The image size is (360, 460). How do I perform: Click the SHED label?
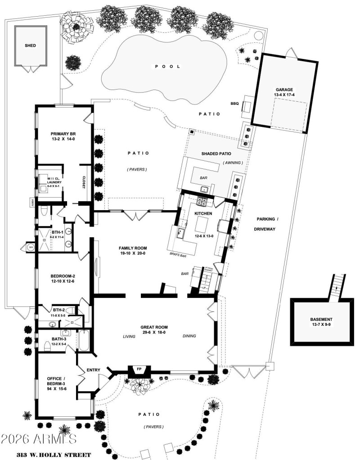tap(31, 45)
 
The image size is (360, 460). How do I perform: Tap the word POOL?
tap(167, 66)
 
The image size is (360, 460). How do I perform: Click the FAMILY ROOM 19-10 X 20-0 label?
tap(133, 251)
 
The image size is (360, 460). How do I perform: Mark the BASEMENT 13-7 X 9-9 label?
tap(321, 322)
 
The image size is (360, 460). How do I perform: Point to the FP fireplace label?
tap(139, 370)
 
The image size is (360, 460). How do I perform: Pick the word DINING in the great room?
tap(190, 336)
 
